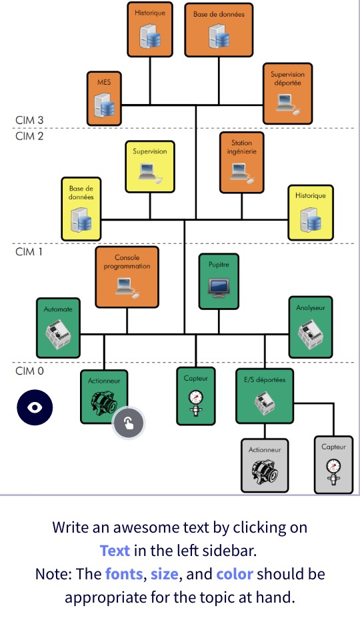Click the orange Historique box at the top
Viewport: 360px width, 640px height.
[x=150, y=29]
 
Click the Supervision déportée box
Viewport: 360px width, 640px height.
[x=287, y=93]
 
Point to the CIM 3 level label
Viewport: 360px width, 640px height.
[x=29, y=120]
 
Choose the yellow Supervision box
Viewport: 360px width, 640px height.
[x=150, y=165]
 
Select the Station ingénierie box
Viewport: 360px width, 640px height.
[x=242, y=162]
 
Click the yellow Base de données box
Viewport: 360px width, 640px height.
[x=81, y=209]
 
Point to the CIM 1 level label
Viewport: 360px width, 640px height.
[x=29, y=252]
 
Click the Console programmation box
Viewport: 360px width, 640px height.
[x=127, y=277]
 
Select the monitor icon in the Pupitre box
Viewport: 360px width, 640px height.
[x=219, y=287]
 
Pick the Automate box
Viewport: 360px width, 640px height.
[x=58, y=327]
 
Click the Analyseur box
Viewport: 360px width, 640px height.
[x=311, y=327]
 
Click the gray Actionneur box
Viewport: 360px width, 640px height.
[x=265, y=465]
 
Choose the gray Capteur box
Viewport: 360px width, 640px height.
[x=333, y=464]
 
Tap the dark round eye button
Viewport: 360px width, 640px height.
[x=34, y=406]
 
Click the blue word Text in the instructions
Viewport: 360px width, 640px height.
[x=115, y=551]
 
